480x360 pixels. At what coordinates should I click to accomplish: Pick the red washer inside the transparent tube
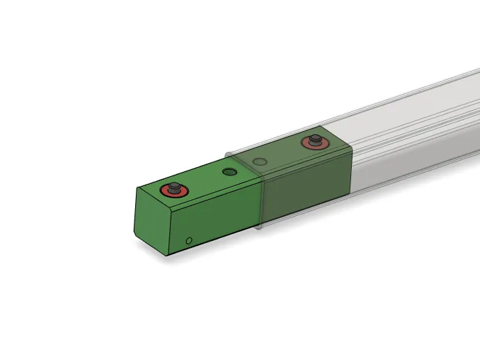coord(307,145)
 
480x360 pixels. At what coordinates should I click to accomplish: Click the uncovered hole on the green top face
coord(229,172)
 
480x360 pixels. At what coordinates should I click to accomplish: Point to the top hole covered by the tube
coord(260,162)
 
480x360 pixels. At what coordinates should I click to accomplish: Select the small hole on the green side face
coord(189,241)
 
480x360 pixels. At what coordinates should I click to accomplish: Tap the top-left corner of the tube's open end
coord(224,152)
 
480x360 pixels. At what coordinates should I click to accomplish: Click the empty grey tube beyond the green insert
coord(418,132)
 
